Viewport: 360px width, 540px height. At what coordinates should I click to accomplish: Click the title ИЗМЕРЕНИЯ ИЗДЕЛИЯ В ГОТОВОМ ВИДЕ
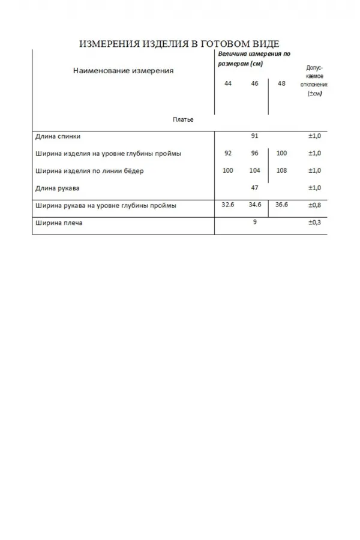pyautogui.click(x=179, y=44)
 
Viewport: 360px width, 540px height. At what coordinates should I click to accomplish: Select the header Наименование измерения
pyautogui.click(x=123, y=70)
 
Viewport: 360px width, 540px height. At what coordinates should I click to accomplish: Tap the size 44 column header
pyautogui.click(x=228, y=83)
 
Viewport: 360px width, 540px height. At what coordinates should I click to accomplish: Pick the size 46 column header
pyautogui.click(x=255, y=83)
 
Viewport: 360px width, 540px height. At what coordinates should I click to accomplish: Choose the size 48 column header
pyautogui.click(x=282, y=83)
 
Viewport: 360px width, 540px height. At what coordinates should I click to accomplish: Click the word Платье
pyautogui.click(x=183, y=119)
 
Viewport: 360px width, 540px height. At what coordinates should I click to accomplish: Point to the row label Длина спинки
pyautogui.click(x=58, y=136)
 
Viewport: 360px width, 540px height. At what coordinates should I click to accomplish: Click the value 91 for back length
pyautogui.click(x=255, y=136)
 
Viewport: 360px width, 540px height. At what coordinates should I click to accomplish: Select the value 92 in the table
pyautogui.click(x=228, y=154)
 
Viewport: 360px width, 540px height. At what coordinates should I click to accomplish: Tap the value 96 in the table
pyautogui.click(x=255, y=154)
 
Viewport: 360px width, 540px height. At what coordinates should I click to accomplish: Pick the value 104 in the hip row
pyautogui.click(x=255, y=171)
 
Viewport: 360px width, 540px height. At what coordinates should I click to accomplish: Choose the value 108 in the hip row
pyautogui.click(x=282, y=171)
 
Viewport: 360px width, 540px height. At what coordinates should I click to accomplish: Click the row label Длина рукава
pyautogui.click(x=58, y=188)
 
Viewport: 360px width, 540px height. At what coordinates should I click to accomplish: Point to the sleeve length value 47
pyautogui.click(x=255, y=188)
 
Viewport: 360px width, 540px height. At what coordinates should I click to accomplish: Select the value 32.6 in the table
pyautogui.click(x=228, y=205)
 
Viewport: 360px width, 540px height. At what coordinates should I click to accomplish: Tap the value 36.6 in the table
pyautogui.click(x=282, y=205)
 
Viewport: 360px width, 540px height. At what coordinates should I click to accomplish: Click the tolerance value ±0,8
pyautogui.click(x=315, y=205)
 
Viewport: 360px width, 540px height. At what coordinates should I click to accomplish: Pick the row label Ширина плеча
pyautogui.click(x=59, y=223)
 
